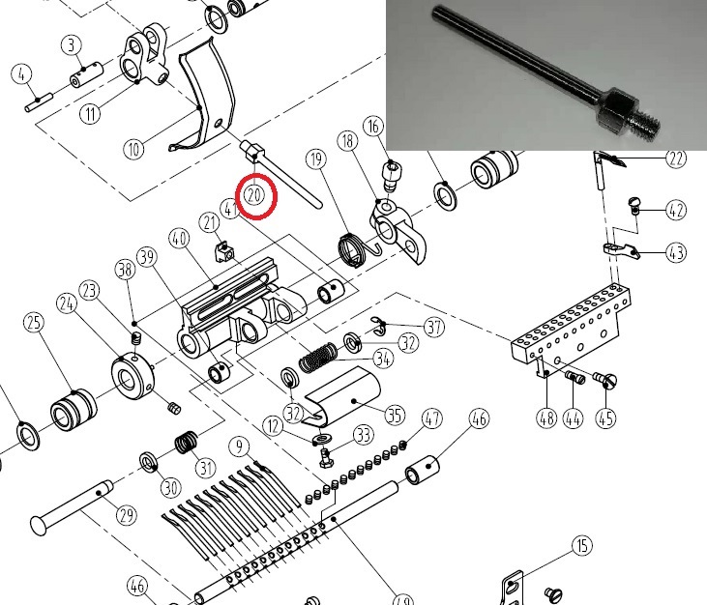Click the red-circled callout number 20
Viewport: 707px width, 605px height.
tap(254, 195)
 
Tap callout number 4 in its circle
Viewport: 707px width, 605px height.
tap(21, 74)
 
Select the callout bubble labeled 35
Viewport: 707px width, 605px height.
tap(395, 415)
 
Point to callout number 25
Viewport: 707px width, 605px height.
tap(34, 323)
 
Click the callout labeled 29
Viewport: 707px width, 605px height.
tap(127, 514)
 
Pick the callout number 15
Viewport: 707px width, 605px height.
tap(582, 545)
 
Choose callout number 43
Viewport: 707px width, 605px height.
tap(675, 252)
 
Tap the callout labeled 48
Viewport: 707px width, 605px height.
tap(546, 418)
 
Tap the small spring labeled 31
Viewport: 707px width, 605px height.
tap(186, 443)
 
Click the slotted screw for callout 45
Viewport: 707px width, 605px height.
tap(605, 379)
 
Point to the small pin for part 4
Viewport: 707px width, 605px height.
tap(39, 101)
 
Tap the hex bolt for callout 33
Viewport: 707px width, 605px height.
tap(325, 458)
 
